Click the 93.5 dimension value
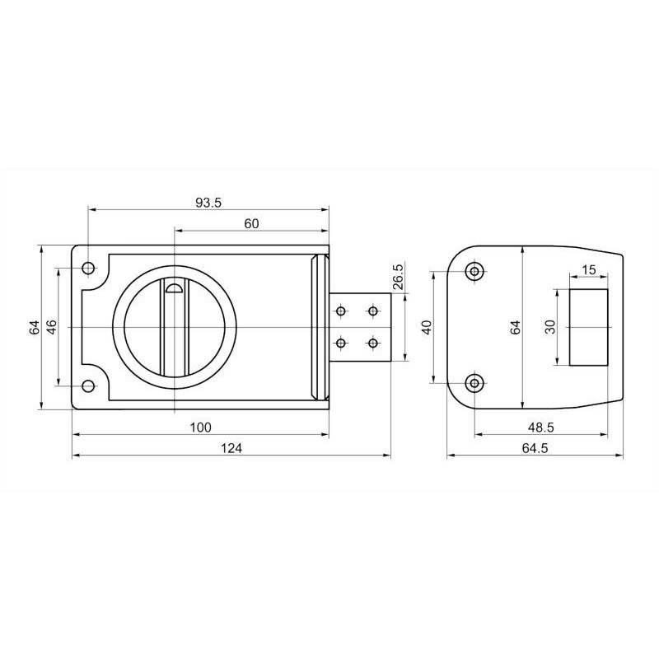[208, 203]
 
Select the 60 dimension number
[251, 223]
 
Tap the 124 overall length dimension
[231, 448]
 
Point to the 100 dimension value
[200, 428]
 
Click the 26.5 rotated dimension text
[398, 276]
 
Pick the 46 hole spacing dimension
[51, 326]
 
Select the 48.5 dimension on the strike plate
[541, 428]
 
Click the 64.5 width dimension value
[535, 448]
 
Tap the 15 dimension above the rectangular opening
[589, 270]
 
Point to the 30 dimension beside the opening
[549, 326]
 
